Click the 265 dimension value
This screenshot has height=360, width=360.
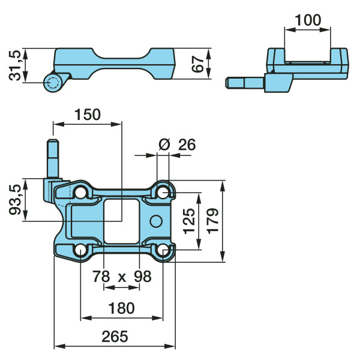(x=115, y=337)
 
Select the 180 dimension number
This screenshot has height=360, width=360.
(x=121, y=308)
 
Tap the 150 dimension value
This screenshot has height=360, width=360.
(x=88, y=115)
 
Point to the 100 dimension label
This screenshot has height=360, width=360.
(x=308, y=20)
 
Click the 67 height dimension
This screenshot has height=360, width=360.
(x=197, y=64)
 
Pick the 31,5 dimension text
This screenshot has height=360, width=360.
(x=15, y=65)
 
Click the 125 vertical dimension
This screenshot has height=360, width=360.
(x=189, y=221)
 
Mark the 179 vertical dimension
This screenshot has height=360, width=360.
(x=212, y=221)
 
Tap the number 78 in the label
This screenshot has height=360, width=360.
(x=101, y=276)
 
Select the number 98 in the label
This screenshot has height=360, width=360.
(x=143, y=276)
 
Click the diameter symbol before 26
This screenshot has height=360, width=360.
(x=164, y=145)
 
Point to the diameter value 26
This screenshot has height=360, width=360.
(x=187, y=145)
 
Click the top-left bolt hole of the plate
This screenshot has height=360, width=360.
(x=80, y=193)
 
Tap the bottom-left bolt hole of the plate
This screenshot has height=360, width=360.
(x=80, y=250)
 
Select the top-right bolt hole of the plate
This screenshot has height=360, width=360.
(x=163, y=193)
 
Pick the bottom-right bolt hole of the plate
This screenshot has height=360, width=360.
(x=163, y=250)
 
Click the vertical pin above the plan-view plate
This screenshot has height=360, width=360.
(x=53, y=158)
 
